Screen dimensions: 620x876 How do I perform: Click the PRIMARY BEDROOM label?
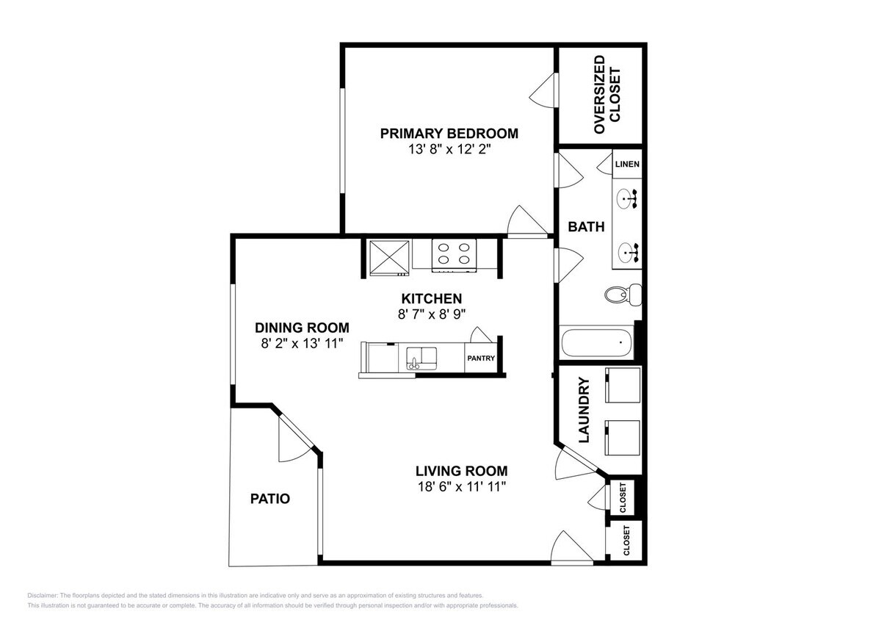(449, 134)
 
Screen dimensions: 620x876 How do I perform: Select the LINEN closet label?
(626, 165)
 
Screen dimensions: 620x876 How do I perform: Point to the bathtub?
(596, 343)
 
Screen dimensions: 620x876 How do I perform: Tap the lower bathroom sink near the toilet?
(628, 252)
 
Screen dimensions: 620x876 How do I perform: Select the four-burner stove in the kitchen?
(454, 254)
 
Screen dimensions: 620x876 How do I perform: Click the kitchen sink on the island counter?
(419, 358)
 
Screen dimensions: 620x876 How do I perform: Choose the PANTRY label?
(480, 359)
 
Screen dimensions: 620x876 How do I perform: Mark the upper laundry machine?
(621, 385)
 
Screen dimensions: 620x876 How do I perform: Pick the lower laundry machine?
(621, 437)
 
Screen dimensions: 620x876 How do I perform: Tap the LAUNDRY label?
(584, 411)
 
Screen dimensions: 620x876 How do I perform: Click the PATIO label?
(269, 499)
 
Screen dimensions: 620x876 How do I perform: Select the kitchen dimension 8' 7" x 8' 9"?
(431, 314)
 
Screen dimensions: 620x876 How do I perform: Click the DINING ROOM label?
(302, 328)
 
